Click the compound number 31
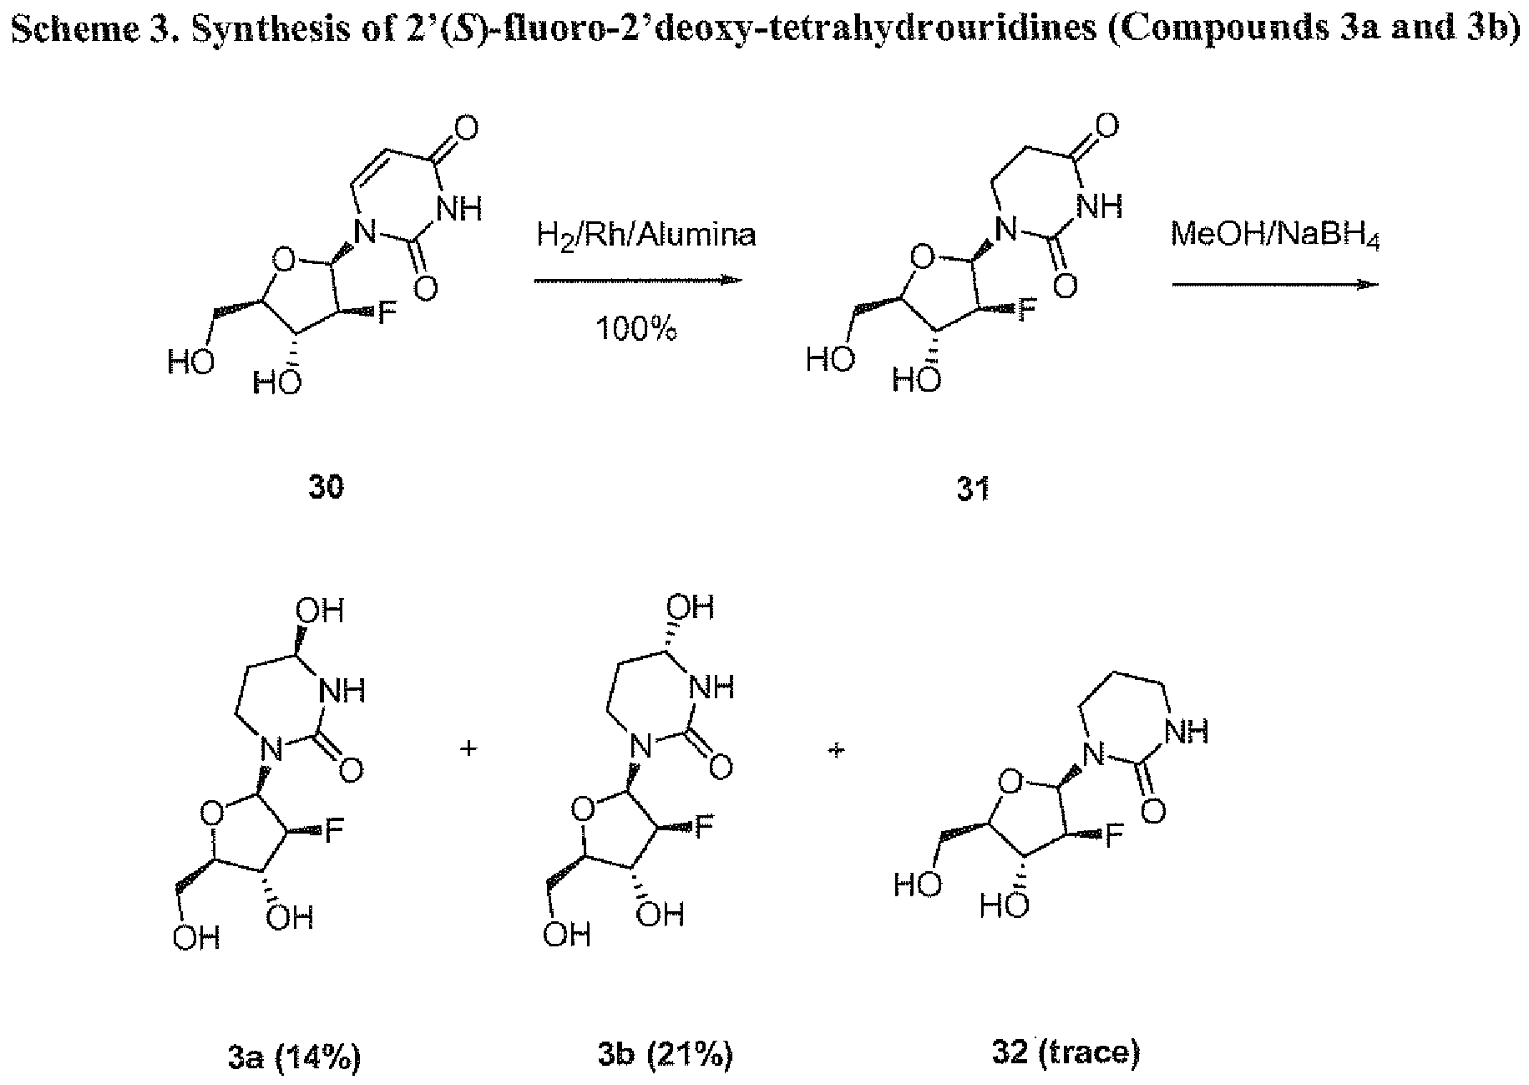pos(973,488)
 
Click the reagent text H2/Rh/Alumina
pos(646,236)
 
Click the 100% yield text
pos(635,330)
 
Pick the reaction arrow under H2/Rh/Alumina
pos(638,281)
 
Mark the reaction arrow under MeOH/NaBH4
pos(1275,285)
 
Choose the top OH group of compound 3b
pos(692,606)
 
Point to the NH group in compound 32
pos(1185,733)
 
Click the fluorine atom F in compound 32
pos(1114,837)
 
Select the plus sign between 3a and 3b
pos(469,749)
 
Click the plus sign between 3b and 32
pos(838,751)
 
